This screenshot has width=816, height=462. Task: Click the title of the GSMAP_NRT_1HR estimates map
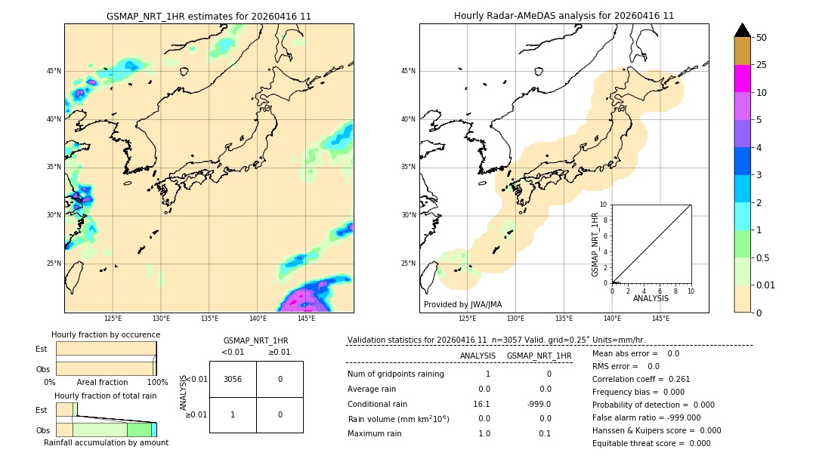pos(209,16)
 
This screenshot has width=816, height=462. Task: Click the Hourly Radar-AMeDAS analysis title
pos(564,16)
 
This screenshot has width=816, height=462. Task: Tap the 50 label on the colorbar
pos(762,37)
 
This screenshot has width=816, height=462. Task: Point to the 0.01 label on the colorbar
pos(766,285)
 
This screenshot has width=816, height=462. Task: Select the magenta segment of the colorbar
pos(742,79)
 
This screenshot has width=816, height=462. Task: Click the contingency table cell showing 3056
pos(233,379)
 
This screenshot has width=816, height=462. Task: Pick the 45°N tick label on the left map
pos(54,71)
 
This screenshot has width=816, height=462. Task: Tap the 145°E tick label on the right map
pos(660,319)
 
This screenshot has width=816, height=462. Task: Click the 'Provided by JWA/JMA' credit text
pos(462,304)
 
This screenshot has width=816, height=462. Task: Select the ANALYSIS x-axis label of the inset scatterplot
pos(651,299)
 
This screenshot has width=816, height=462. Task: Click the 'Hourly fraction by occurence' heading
pos(106,334)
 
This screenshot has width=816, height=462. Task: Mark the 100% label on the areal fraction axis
pos(157,383)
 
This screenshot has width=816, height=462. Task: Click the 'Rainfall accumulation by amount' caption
pos(106,442)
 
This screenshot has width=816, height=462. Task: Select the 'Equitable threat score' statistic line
pos(652,443)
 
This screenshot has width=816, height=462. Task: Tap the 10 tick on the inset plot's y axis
pos(604,205)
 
